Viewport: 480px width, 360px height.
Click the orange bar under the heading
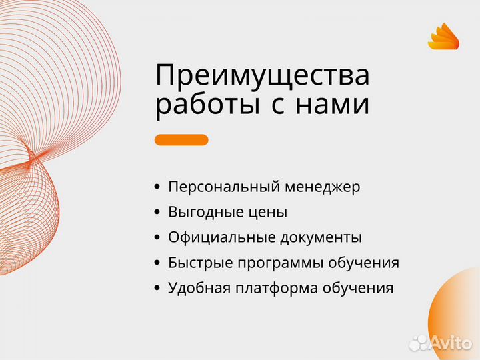tap(181, 140)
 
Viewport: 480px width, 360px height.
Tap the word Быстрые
tap(198, 263)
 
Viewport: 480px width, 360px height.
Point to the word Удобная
tap(198, 288)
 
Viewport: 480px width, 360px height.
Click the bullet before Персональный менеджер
tap(157, 187)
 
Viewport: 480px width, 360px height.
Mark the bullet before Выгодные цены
tap(157, 213)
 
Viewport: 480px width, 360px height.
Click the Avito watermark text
tap(451, 343)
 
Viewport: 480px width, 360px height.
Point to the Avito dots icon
tap(419, 343)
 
